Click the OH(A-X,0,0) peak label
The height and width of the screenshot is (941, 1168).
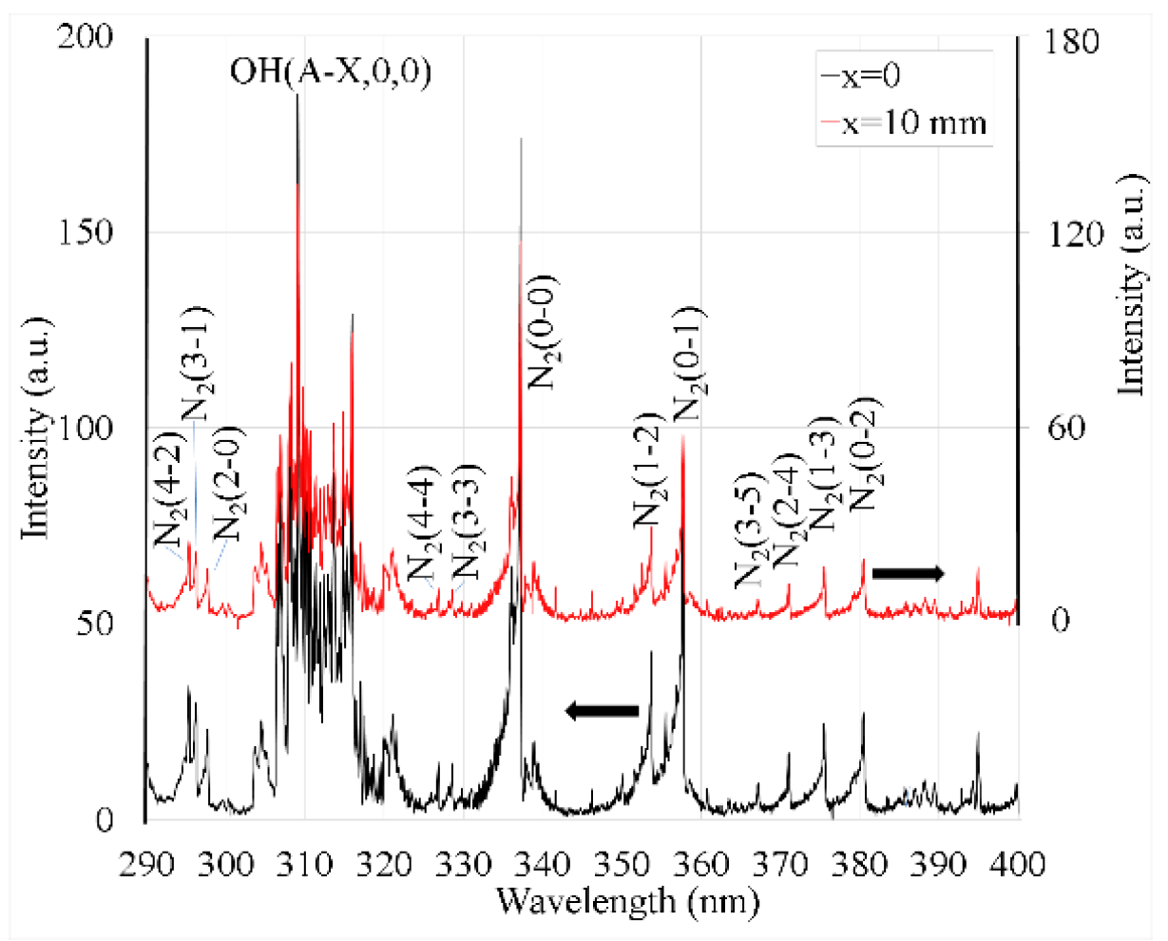pyautogui.click(x=331, y=71)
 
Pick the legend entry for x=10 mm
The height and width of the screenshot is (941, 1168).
pyautogui.click(x=903, y=123)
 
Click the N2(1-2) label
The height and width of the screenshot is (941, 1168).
pyautogui.click(x=649, y=470)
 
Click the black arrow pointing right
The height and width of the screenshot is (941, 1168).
pyautogui.click(x=908, y=572)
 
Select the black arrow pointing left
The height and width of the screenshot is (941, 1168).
pyautogui.click(x=602, y=710)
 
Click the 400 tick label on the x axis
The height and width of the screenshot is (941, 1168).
pyautogui.click(x=1018, y=866)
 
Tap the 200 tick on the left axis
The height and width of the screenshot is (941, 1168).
pyautogui.click(x=87, y=36)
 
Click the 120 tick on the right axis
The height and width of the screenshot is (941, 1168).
pyautogui.click(x=1072, y=235)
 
